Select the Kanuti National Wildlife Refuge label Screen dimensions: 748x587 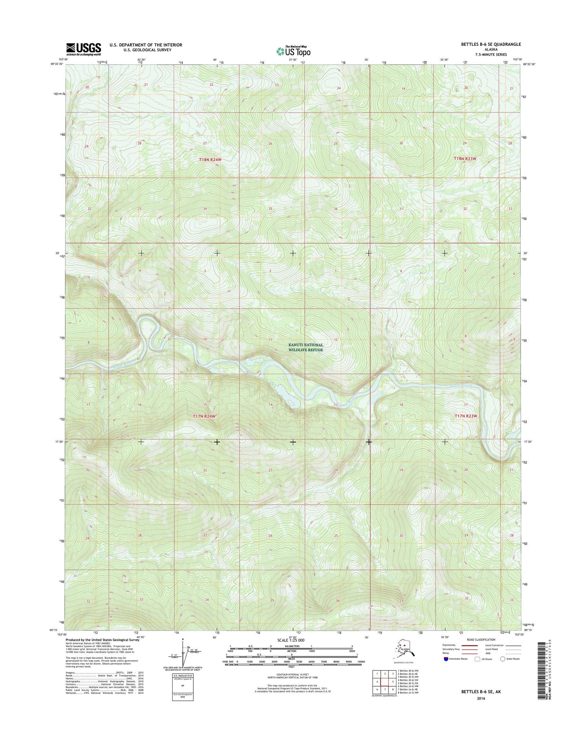[x=306, y=347]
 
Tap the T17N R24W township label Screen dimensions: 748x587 [x=204, y=417]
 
